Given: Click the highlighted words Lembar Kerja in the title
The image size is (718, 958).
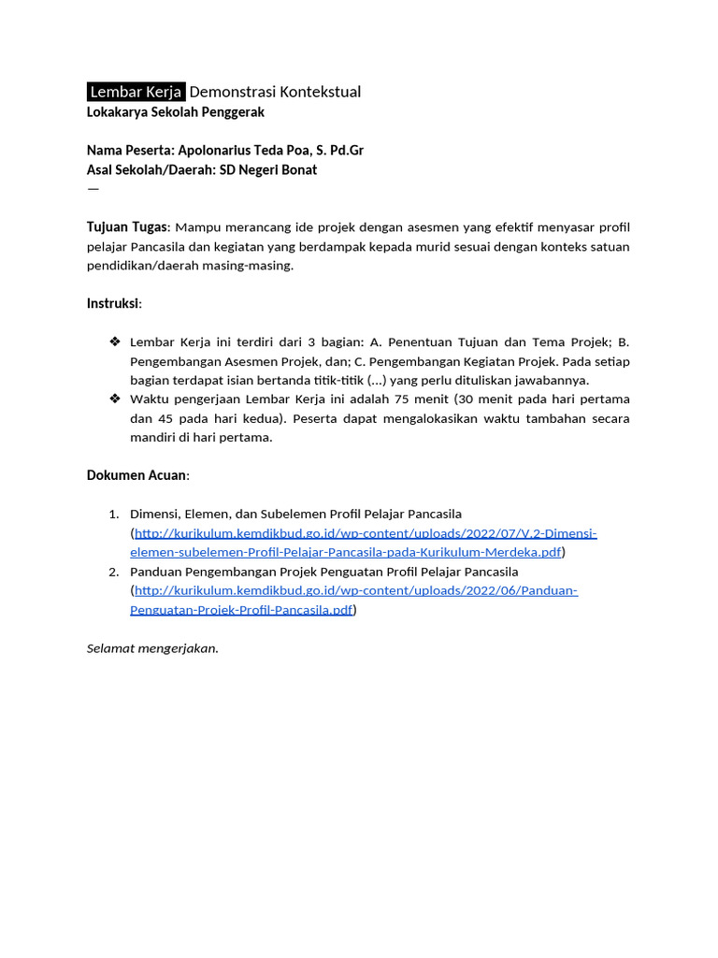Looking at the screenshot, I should point(136,92).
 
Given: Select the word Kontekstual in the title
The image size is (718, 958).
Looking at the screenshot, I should point(320,92).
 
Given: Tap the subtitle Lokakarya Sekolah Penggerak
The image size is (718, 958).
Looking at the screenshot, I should point(176,112).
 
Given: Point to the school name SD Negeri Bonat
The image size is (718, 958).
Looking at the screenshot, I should point(268,170).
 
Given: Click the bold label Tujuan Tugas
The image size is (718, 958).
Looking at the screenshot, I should point(127,227).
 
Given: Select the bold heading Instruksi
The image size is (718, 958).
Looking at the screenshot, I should point(113,304).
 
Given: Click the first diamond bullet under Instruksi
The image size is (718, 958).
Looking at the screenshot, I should point(115,342).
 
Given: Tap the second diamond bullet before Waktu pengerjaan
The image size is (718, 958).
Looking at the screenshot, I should point(115,399).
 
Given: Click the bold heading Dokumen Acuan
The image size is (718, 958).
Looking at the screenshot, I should point(136,475).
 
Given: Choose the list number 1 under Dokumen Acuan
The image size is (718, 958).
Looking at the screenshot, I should point(113,515).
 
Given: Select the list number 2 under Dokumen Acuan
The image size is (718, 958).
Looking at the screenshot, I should point(113,572).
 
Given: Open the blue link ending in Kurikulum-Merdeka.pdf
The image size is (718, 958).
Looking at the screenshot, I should point(346,552).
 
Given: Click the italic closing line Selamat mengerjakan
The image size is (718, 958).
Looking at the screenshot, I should point(152,648).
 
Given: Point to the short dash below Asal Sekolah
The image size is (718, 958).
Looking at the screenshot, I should point(93,189).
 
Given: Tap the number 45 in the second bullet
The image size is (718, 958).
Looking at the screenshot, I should point(166,419).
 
